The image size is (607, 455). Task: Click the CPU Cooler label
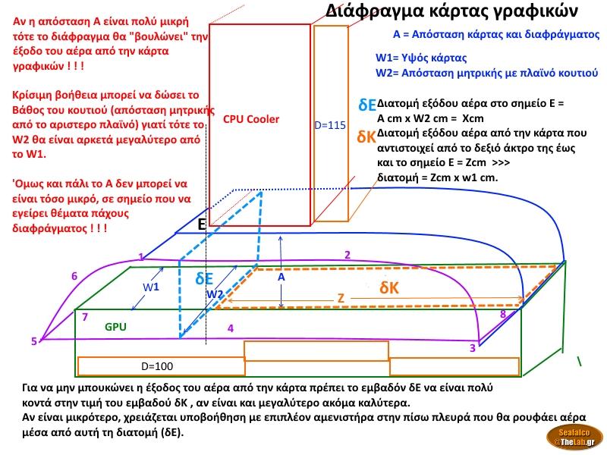coord(251,119)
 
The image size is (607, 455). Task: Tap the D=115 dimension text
coord(330,125)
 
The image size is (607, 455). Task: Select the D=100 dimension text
coord(157,366)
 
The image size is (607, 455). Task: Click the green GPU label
coord(115,327)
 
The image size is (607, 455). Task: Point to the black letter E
coord(202,224)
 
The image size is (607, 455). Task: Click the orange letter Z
coord(341,299)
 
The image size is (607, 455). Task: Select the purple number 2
coord(347,255)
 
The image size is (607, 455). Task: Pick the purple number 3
coord(472,348)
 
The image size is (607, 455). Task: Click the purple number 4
coord(230,328)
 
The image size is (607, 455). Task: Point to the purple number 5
coord(33,341)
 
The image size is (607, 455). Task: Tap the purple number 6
coord(74,276)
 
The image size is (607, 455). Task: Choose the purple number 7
coord(85,316)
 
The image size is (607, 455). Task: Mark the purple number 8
coord(502,314)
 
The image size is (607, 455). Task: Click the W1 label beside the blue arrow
coord(152,287)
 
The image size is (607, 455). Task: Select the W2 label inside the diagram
coord(215,293)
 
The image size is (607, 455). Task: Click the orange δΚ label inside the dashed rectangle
coord(389,288)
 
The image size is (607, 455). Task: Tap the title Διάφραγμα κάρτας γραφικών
coord(451,11)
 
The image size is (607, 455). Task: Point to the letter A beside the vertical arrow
coord(281,278)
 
